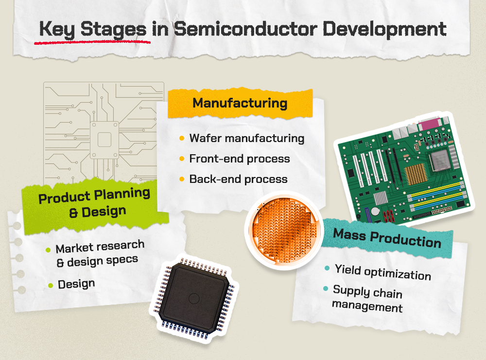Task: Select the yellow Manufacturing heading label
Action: point(240,104)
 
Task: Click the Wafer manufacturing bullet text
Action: point(247,138)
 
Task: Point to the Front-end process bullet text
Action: point(240,159)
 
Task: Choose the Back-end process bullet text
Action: point(238,179)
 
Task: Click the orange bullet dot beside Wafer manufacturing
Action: point(182,139)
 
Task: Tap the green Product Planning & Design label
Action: point(94,202)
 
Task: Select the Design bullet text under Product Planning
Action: point(76,284)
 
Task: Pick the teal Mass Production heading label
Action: point(387,237)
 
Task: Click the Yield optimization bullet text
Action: point(382,272)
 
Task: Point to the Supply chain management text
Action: point(367,299)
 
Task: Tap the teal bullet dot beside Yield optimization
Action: point(327,268)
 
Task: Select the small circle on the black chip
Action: point(194,298)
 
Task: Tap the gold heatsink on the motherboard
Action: point(415,173)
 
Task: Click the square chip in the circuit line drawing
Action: point(104,140)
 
